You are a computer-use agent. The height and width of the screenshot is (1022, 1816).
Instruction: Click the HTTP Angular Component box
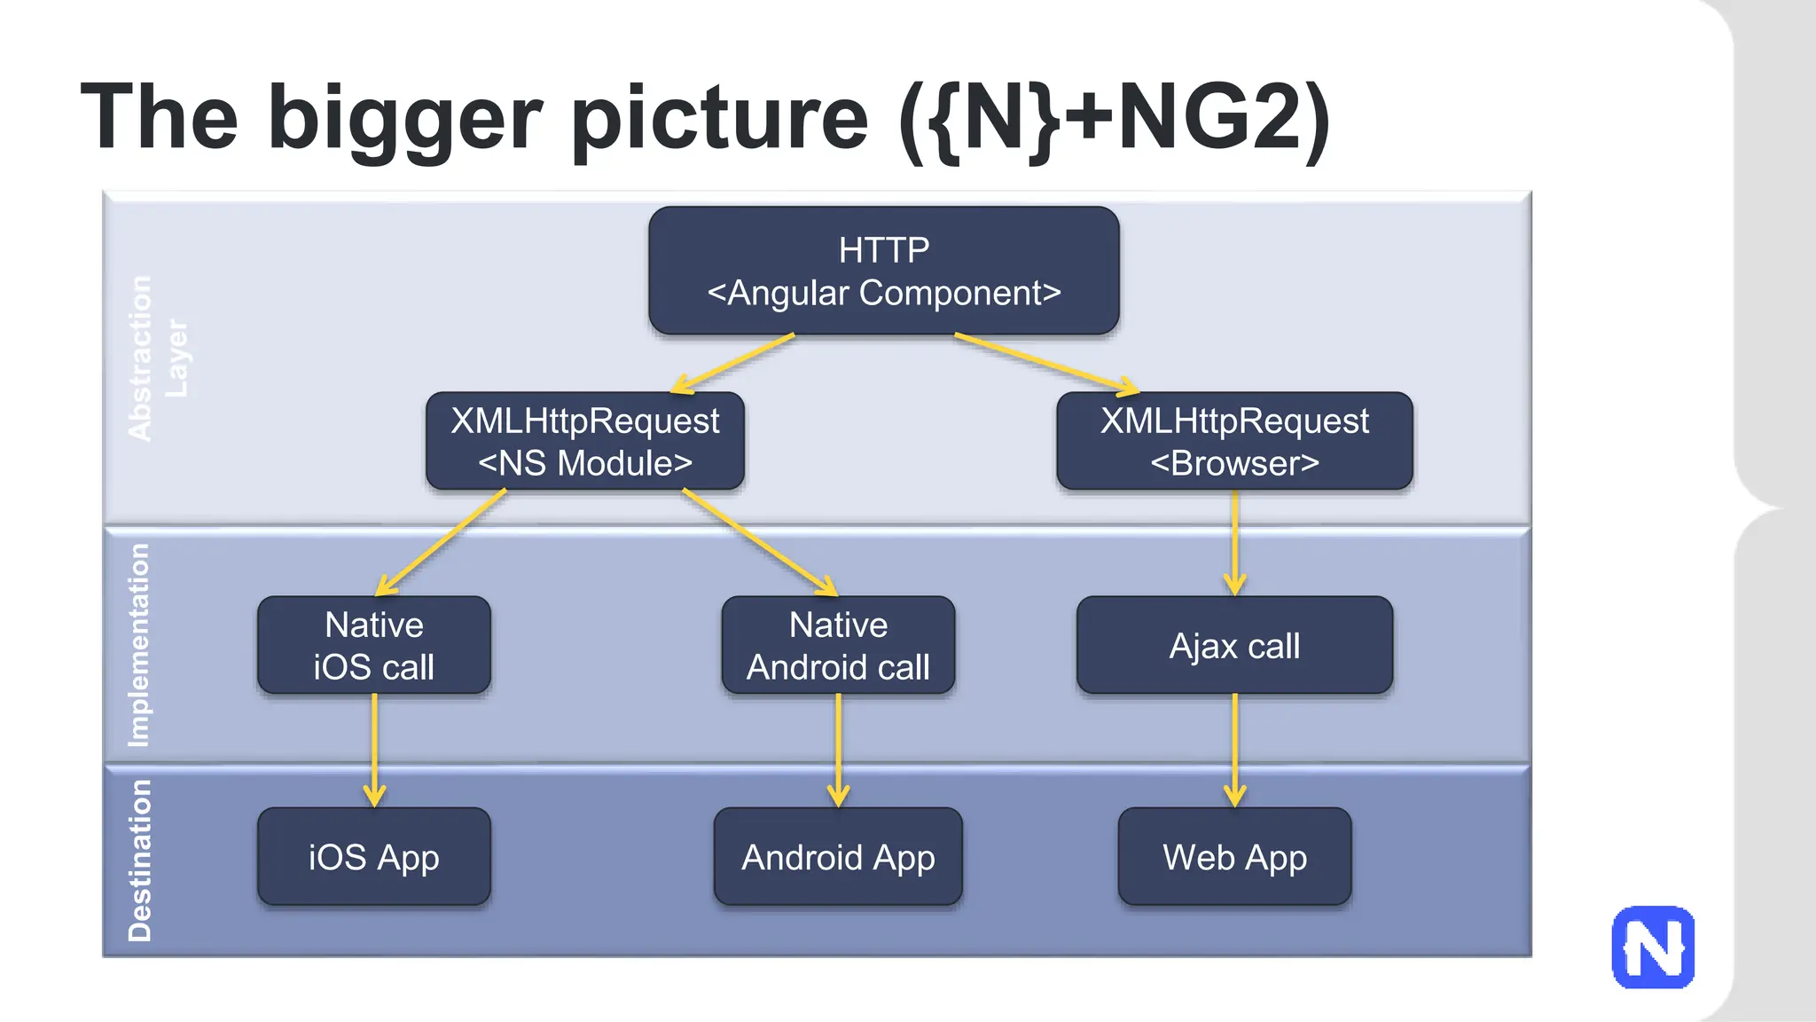point(883,271)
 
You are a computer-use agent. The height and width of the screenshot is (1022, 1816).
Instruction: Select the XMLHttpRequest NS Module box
point(585,441)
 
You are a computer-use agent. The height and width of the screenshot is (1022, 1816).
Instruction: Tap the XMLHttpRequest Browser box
point(1234,441)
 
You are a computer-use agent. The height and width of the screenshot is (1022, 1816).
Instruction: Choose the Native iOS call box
point(373,645)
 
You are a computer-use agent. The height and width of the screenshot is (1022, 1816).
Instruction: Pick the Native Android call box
point(838,645)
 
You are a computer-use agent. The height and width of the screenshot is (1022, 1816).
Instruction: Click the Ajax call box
point(1234,645)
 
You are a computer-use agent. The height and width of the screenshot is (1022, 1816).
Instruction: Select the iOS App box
point(373,857)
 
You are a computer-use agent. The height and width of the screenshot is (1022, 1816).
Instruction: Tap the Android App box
point(838,857)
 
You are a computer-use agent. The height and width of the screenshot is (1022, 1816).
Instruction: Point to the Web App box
point(1234,857)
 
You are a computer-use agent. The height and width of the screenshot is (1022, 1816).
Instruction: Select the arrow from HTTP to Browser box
point(1046,363)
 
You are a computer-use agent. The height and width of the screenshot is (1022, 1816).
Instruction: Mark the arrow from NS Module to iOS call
point(441,542)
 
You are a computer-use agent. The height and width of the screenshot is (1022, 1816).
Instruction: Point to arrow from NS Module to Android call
point(760,542)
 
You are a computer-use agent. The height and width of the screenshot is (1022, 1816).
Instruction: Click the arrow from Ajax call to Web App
point(1234,750)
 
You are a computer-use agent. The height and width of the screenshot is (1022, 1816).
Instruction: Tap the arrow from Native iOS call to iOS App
point(374,750)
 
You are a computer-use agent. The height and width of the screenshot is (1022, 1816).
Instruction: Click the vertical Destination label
point(140,861)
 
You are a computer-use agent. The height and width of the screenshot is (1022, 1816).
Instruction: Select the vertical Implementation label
point(139,645)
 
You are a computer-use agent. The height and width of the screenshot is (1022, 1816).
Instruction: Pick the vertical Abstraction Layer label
point(158,358)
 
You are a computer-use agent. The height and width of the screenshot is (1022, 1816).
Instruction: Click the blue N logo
point(1653,947)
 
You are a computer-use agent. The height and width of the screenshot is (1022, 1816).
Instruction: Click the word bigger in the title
point(404,120)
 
